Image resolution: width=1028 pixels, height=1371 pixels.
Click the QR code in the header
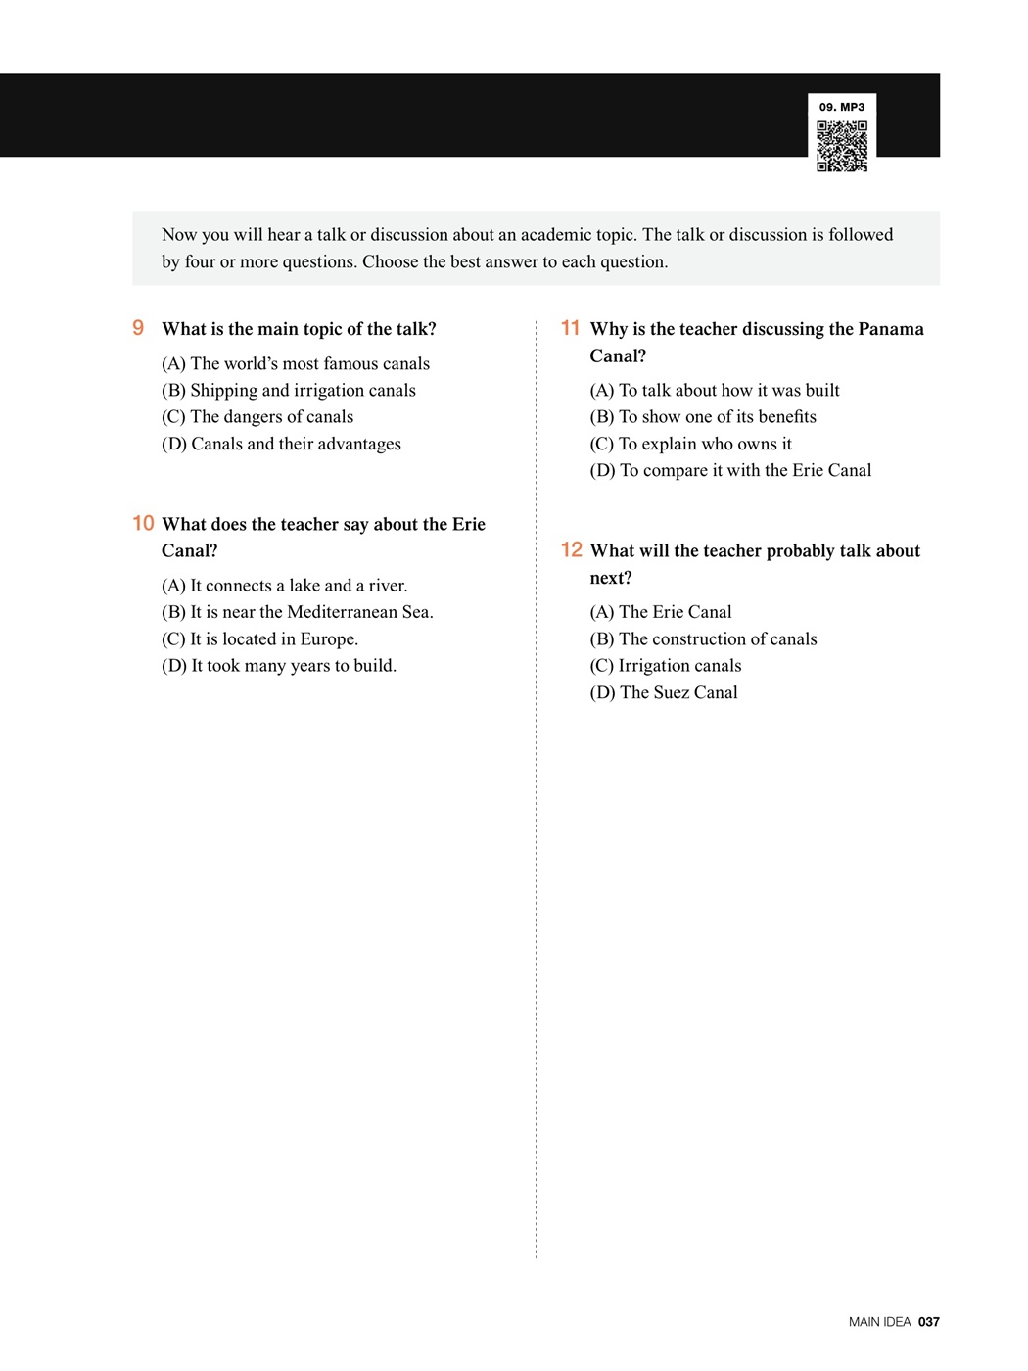pos(842,146)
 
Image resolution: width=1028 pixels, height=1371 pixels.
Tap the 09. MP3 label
pos(842,107)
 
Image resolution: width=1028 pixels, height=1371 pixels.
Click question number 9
pos(138,328)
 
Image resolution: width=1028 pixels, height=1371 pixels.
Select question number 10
pos(143,523)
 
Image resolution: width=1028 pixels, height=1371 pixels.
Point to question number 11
pos(570,328)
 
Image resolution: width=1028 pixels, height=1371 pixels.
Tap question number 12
pos(571,549)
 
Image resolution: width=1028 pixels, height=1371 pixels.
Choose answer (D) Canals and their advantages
pos(281,444)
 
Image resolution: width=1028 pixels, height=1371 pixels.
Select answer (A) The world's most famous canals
pos(295,363)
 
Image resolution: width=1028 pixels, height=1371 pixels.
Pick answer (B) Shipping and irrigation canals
pos(288,390)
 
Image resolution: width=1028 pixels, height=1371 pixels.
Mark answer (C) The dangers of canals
pos(257,416)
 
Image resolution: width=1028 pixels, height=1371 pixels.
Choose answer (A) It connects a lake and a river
pos(284,586)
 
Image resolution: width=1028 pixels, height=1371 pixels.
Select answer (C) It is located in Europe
pos(259,638)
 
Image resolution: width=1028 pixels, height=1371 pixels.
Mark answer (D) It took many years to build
pos(279,666)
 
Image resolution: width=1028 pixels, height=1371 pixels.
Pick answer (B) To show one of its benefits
pos(702,416)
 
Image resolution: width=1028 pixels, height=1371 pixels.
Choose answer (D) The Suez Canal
pos(663,692)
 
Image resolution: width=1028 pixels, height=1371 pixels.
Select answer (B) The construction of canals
pos(703,638)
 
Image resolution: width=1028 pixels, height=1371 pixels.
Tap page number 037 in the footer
pos(928,1321)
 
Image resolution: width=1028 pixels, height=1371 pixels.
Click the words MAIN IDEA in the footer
pos(879,1321)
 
